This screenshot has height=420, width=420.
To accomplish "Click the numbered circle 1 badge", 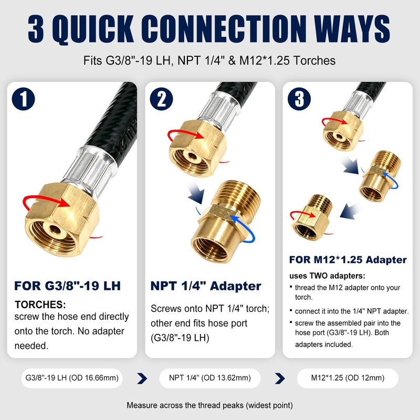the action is pos(24,99).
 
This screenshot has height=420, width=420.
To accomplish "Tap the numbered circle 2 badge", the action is pos(161,99).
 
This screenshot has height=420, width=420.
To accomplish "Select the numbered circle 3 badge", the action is pos(299,99).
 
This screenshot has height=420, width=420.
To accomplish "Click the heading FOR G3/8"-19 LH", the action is pos(68,286).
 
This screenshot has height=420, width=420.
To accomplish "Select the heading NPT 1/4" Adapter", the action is pos(206,286).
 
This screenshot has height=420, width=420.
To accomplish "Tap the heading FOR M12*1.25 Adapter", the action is pos(348,259).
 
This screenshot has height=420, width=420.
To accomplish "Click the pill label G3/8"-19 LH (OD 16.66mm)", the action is pos(72,378).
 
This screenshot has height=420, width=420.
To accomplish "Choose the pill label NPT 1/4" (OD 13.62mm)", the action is pos(209,378).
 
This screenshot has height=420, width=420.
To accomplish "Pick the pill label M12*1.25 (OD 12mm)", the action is pos(348,378).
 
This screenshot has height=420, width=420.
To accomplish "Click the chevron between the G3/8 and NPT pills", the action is pos(142,379).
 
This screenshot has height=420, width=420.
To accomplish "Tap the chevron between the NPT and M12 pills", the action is pos(280,379).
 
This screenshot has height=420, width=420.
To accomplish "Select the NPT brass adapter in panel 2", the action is pos(222,222).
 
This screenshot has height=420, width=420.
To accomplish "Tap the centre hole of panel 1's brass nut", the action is pos(55,229).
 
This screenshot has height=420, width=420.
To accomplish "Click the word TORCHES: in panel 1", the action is pos(40,304).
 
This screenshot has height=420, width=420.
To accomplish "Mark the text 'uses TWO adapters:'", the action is pos(327,276).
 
